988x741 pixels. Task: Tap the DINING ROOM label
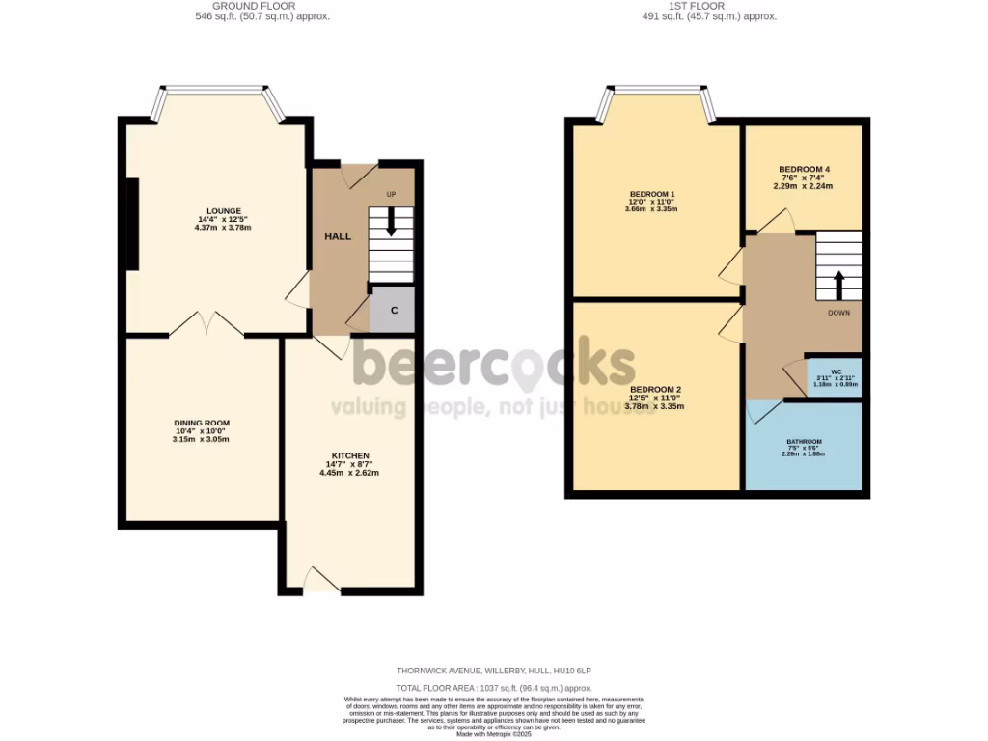coord(202,423)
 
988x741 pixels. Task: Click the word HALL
coord(338,236)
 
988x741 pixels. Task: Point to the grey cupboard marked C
coord(393,311)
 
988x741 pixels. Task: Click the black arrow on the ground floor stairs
coord(390,222)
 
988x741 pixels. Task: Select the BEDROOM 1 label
coord(651,193)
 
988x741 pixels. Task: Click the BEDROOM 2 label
coord(655,389)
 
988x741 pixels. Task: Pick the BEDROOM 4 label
coord(804,169)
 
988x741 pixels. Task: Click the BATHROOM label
coord(803,441)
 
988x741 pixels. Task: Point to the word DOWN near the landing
coord(838,313)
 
